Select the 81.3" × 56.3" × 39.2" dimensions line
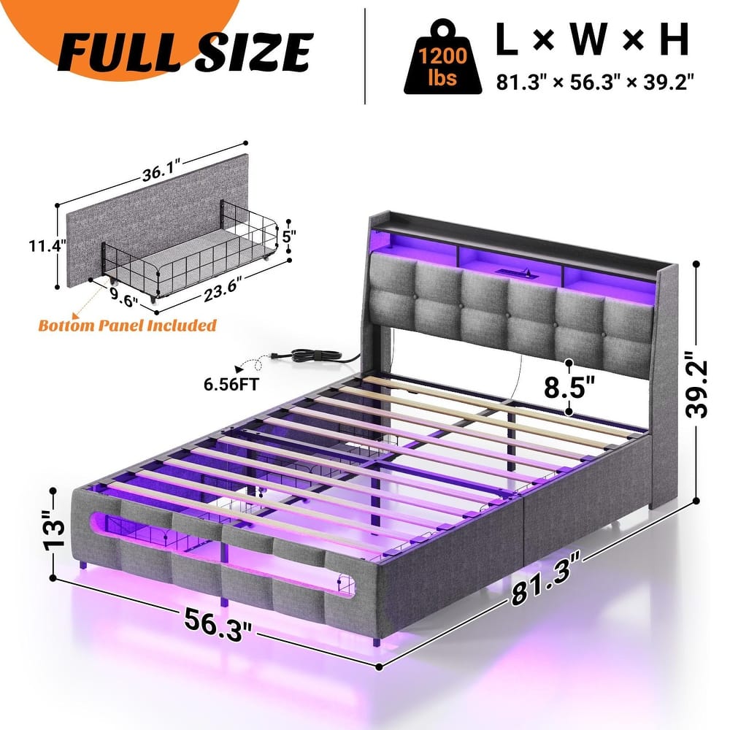pyautogui.click(x=593, y=80)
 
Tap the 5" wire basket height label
pyautogui.click(x=291, y=238)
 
